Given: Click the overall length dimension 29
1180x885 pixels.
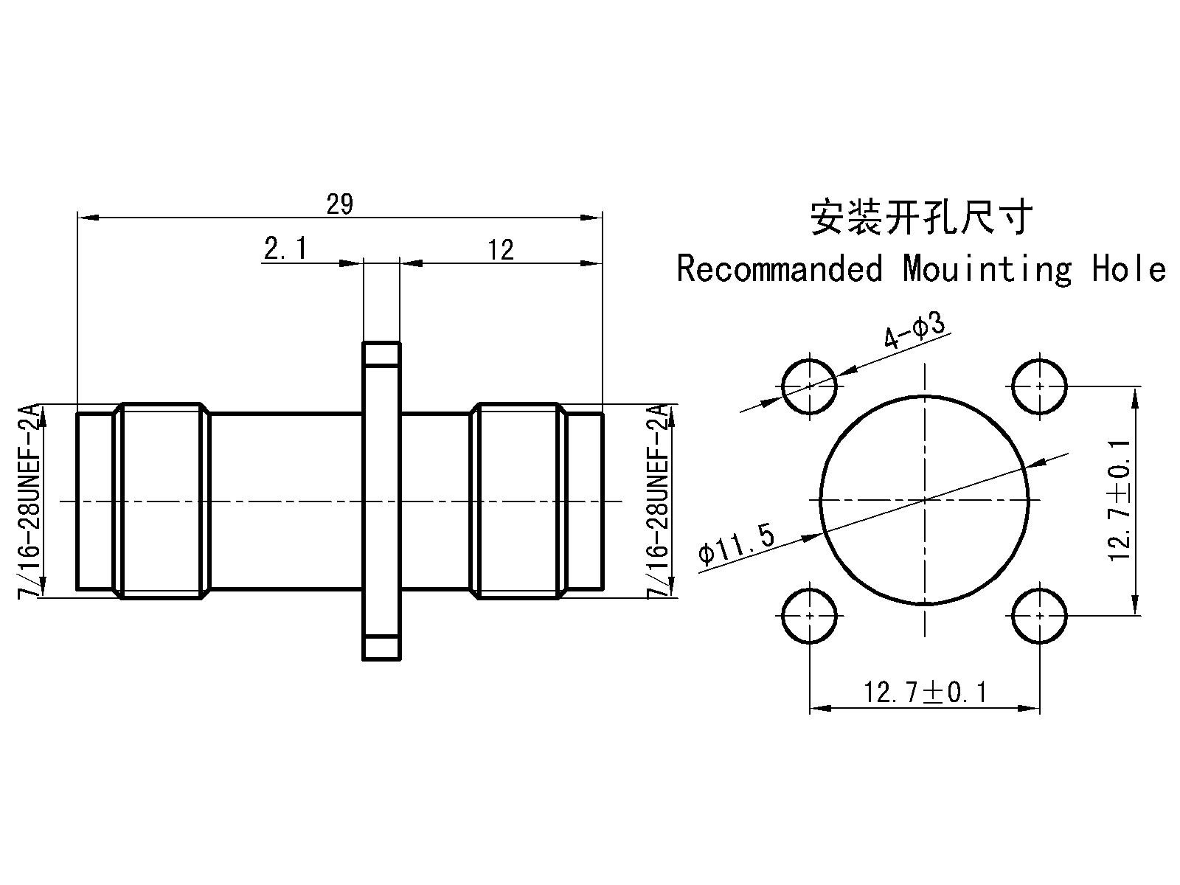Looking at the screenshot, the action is [340, 204].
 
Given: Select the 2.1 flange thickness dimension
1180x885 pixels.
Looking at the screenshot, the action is [285, 249].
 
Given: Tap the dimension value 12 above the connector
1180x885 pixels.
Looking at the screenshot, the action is [501, 250].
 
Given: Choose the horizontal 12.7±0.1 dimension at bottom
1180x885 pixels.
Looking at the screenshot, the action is [925, 692].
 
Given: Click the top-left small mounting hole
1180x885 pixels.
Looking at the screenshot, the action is [810, 386].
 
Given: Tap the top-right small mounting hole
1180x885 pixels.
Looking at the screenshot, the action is [1039, 386].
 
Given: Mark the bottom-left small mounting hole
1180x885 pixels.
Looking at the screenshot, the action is [810, 616].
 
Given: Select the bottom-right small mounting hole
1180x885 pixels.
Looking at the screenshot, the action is [1039, 616].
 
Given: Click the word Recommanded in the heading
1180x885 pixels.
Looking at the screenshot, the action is [780, 268].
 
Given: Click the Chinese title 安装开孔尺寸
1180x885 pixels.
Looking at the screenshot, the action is [921, 218].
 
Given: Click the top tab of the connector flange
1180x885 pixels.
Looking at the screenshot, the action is [382, 353].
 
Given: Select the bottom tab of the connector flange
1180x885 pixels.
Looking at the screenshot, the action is [382, 648].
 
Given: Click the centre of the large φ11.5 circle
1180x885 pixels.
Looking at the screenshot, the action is [925, 500].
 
